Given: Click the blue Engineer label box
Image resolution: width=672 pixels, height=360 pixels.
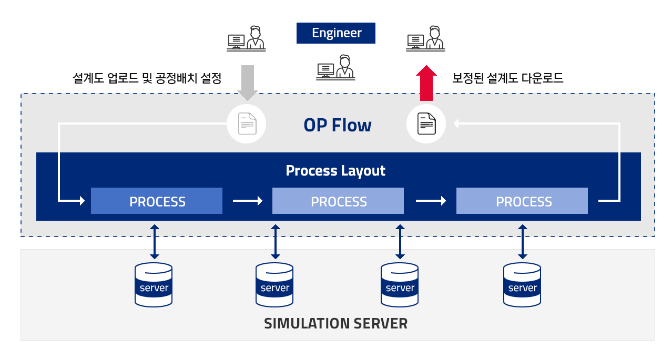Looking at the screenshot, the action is (x=335, y=33).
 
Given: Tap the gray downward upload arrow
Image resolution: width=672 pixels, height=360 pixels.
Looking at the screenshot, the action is (x=248, y=83).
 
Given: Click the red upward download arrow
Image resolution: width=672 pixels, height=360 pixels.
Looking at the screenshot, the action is (x=426, y=83).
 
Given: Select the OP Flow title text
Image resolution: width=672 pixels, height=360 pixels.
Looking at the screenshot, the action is (x=338, y=125).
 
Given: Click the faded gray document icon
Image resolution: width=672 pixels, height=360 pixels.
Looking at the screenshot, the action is (x=247, y=124).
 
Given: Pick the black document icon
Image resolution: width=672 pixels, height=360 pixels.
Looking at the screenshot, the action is (x=426, y=124).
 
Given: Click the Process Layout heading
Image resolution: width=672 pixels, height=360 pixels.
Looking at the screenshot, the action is (x=335, y=171).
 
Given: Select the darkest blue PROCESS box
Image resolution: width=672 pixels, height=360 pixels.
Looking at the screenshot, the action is (x=157, y=201).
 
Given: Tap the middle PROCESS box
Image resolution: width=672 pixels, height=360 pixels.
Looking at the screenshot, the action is (x=338, y=201).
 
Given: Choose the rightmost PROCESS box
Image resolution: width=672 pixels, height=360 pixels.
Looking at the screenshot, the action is (x=522, y=201).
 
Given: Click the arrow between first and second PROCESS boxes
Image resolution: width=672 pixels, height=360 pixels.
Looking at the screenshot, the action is (x=248, y=201).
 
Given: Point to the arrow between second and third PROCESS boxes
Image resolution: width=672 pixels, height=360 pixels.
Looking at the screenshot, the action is (x=431, y=201).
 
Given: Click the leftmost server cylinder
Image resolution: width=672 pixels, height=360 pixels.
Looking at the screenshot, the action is (x=154, y=285).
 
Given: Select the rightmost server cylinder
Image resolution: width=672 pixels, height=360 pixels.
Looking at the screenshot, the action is (x=522, y=285).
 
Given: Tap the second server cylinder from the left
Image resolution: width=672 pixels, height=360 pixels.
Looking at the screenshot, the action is (x=274, y=285).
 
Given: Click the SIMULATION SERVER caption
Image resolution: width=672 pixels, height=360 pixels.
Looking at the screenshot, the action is (x=335, y=323).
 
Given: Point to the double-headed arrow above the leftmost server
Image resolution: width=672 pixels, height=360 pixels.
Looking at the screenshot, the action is (x=155, y=242).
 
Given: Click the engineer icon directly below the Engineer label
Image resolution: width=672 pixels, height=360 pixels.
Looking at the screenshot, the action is (x=335, y=67).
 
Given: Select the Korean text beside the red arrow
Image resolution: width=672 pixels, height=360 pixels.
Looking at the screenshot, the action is (x=507, y=78).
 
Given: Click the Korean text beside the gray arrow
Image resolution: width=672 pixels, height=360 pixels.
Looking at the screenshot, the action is (x=147, y=78).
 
